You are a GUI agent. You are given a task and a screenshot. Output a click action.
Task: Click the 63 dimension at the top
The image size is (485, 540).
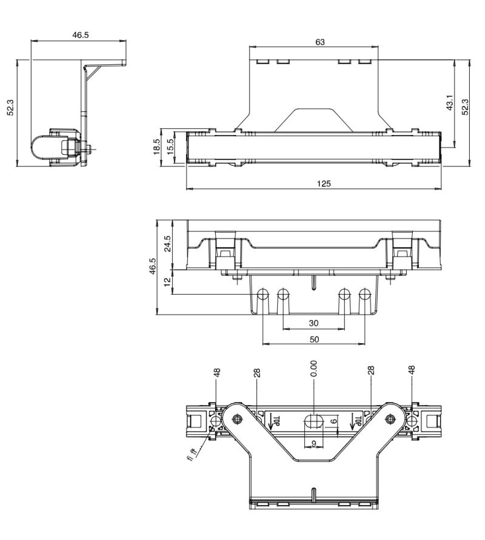coord(319,42)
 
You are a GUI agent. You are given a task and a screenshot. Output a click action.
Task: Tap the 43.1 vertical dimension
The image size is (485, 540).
coord(449,104)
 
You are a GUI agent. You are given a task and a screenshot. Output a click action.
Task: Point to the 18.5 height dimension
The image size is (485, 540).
coord(156,146)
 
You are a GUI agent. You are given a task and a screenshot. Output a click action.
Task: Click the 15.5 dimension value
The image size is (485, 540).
coord(170,147)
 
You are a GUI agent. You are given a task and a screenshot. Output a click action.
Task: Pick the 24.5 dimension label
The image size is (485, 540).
coord(168,243)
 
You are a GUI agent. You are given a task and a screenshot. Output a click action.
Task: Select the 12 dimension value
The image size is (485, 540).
coord(168,283)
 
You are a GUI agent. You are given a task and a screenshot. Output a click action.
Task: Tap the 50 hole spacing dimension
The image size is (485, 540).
coord(313,339)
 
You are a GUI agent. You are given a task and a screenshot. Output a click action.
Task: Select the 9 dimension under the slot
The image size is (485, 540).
coord(313,443)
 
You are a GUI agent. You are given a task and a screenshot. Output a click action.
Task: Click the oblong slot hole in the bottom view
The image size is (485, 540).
coord(313,420)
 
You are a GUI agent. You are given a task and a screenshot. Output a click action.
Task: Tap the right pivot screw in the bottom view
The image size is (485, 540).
coord(390,418)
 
